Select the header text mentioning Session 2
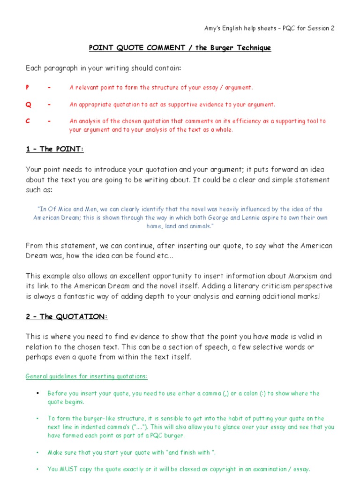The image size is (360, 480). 270,28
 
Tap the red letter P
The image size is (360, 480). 27,88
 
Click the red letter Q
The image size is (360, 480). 28,105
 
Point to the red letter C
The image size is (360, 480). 28,121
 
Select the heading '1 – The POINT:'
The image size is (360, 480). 54,149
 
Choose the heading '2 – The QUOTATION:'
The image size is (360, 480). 67,316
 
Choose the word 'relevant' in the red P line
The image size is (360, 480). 87,88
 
